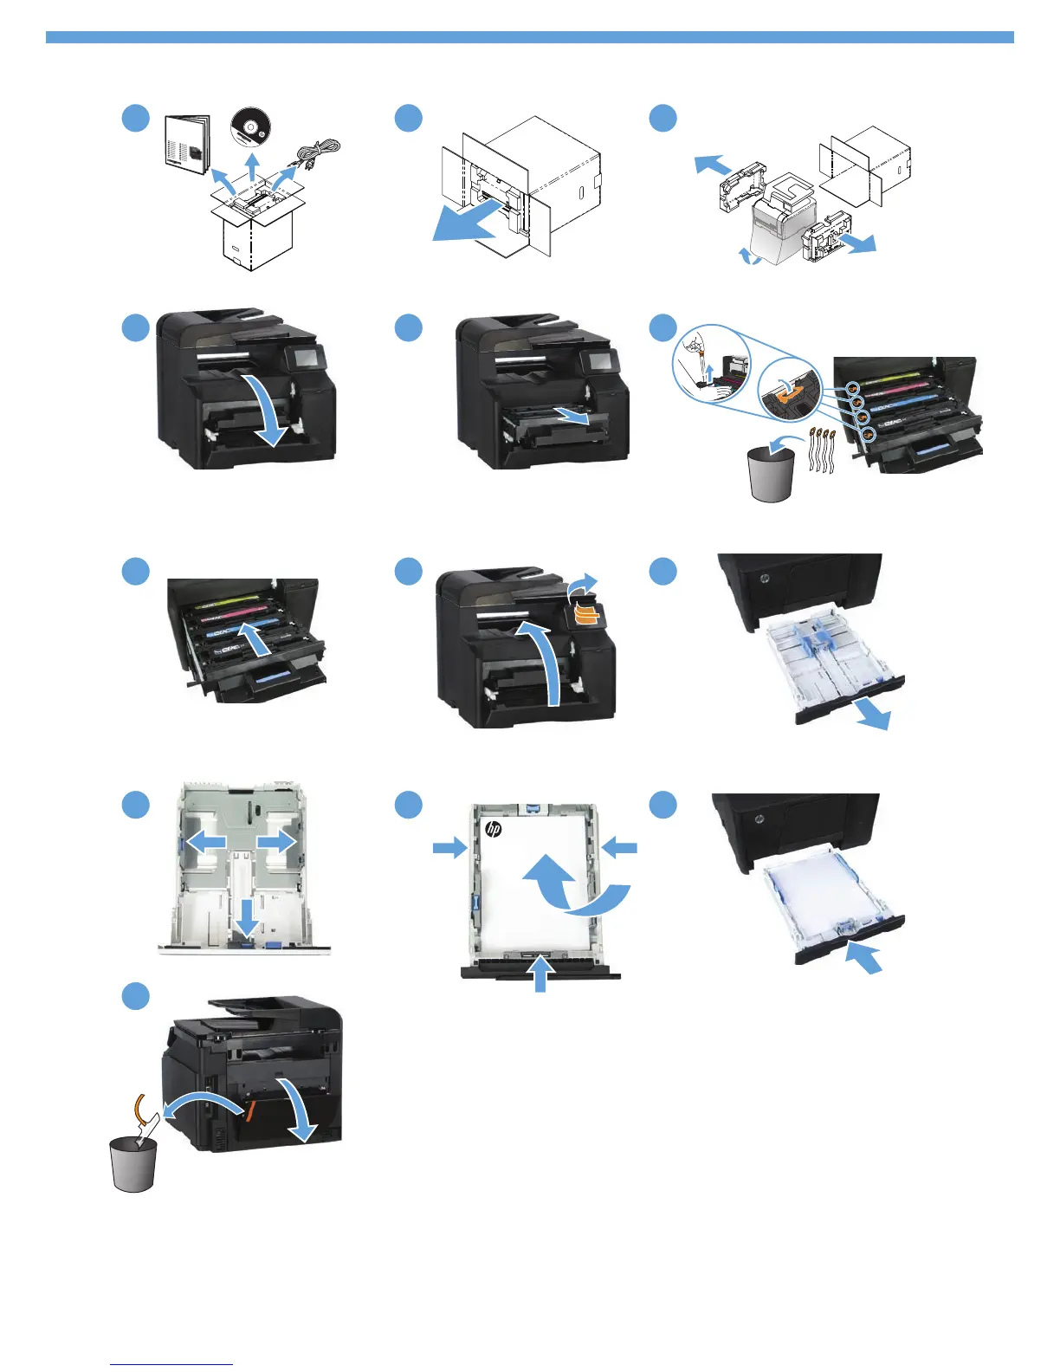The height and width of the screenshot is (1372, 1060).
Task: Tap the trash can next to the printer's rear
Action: point(133,1164)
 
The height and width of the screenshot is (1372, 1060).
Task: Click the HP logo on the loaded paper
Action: point(494,829)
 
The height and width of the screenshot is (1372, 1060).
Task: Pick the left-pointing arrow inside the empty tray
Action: point(206,840)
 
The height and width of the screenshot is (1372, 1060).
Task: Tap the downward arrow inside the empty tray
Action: point(247,917)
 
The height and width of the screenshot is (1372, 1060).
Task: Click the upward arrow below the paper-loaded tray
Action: point(540,974)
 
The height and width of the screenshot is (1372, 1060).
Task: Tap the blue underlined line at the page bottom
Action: point(171,1365)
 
